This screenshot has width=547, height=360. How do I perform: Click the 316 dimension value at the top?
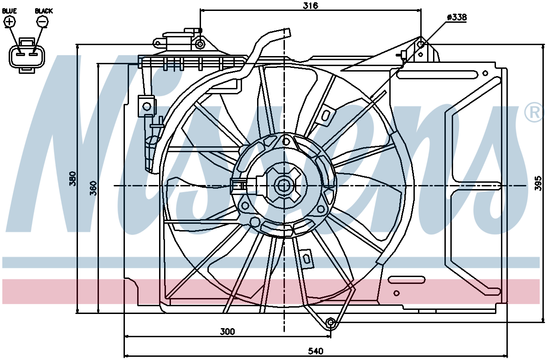[310, 5]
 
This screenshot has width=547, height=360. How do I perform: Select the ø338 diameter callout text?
[457, 17]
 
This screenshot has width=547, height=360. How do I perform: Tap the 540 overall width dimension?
[315, 351]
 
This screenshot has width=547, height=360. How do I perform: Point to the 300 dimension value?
[227, 332]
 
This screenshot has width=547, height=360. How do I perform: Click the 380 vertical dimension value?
[72, 179]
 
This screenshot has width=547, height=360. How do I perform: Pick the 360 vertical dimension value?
[93, 188]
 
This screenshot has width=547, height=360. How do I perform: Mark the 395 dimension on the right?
[538, 183]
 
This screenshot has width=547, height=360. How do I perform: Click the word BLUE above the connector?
[9, 11]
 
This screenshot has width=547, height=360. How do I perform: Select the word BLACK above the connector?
[44, 11]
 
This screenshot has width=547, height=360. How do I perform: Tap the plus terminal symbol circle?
[10, 22]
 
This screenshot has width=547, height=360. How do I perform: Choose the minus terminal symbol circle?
[42, 22]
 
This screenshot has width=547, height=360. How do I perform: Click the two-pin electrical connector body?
[27, 56]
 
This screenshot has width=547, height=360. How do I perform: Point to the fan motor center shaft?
[284, 186]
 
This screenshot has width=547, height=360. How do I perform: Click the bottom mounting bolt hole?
[330, 323]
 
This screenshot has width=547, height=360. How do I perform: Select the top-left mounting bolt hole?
[200, 44]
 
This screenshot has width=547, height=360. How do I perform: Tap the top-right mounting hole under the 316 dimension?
[421, 44]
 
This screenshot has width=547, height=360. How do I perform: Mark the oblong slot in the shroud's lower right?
[407, 280]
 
